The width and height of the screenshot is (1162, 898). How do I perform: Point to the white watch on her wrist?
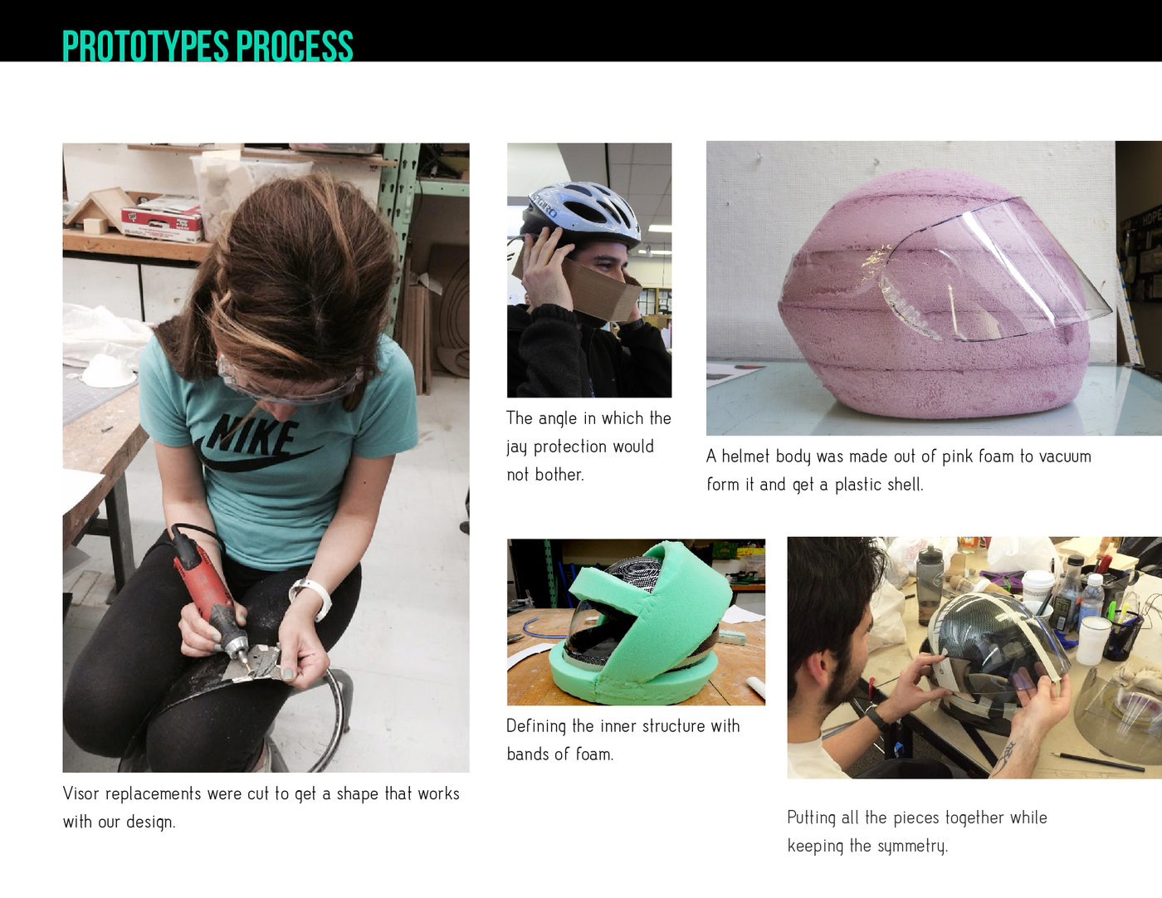pyautogui.click(x=312, y=593)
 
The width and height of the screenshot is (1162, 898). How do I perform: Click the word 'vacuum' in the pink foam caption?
pyautogui.click(x=1065, y=456)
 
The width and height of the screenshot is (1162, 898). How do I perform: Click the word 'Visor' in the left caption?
pyautogui.click(x=81, y=793)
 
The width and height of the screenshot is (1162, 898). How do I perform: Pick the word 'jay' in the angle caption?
pyautogui.click(x=517, y=447)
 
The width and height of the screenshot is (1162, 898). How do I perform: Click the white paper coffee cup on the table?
pyautogui.click(x=1037, y=591)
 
